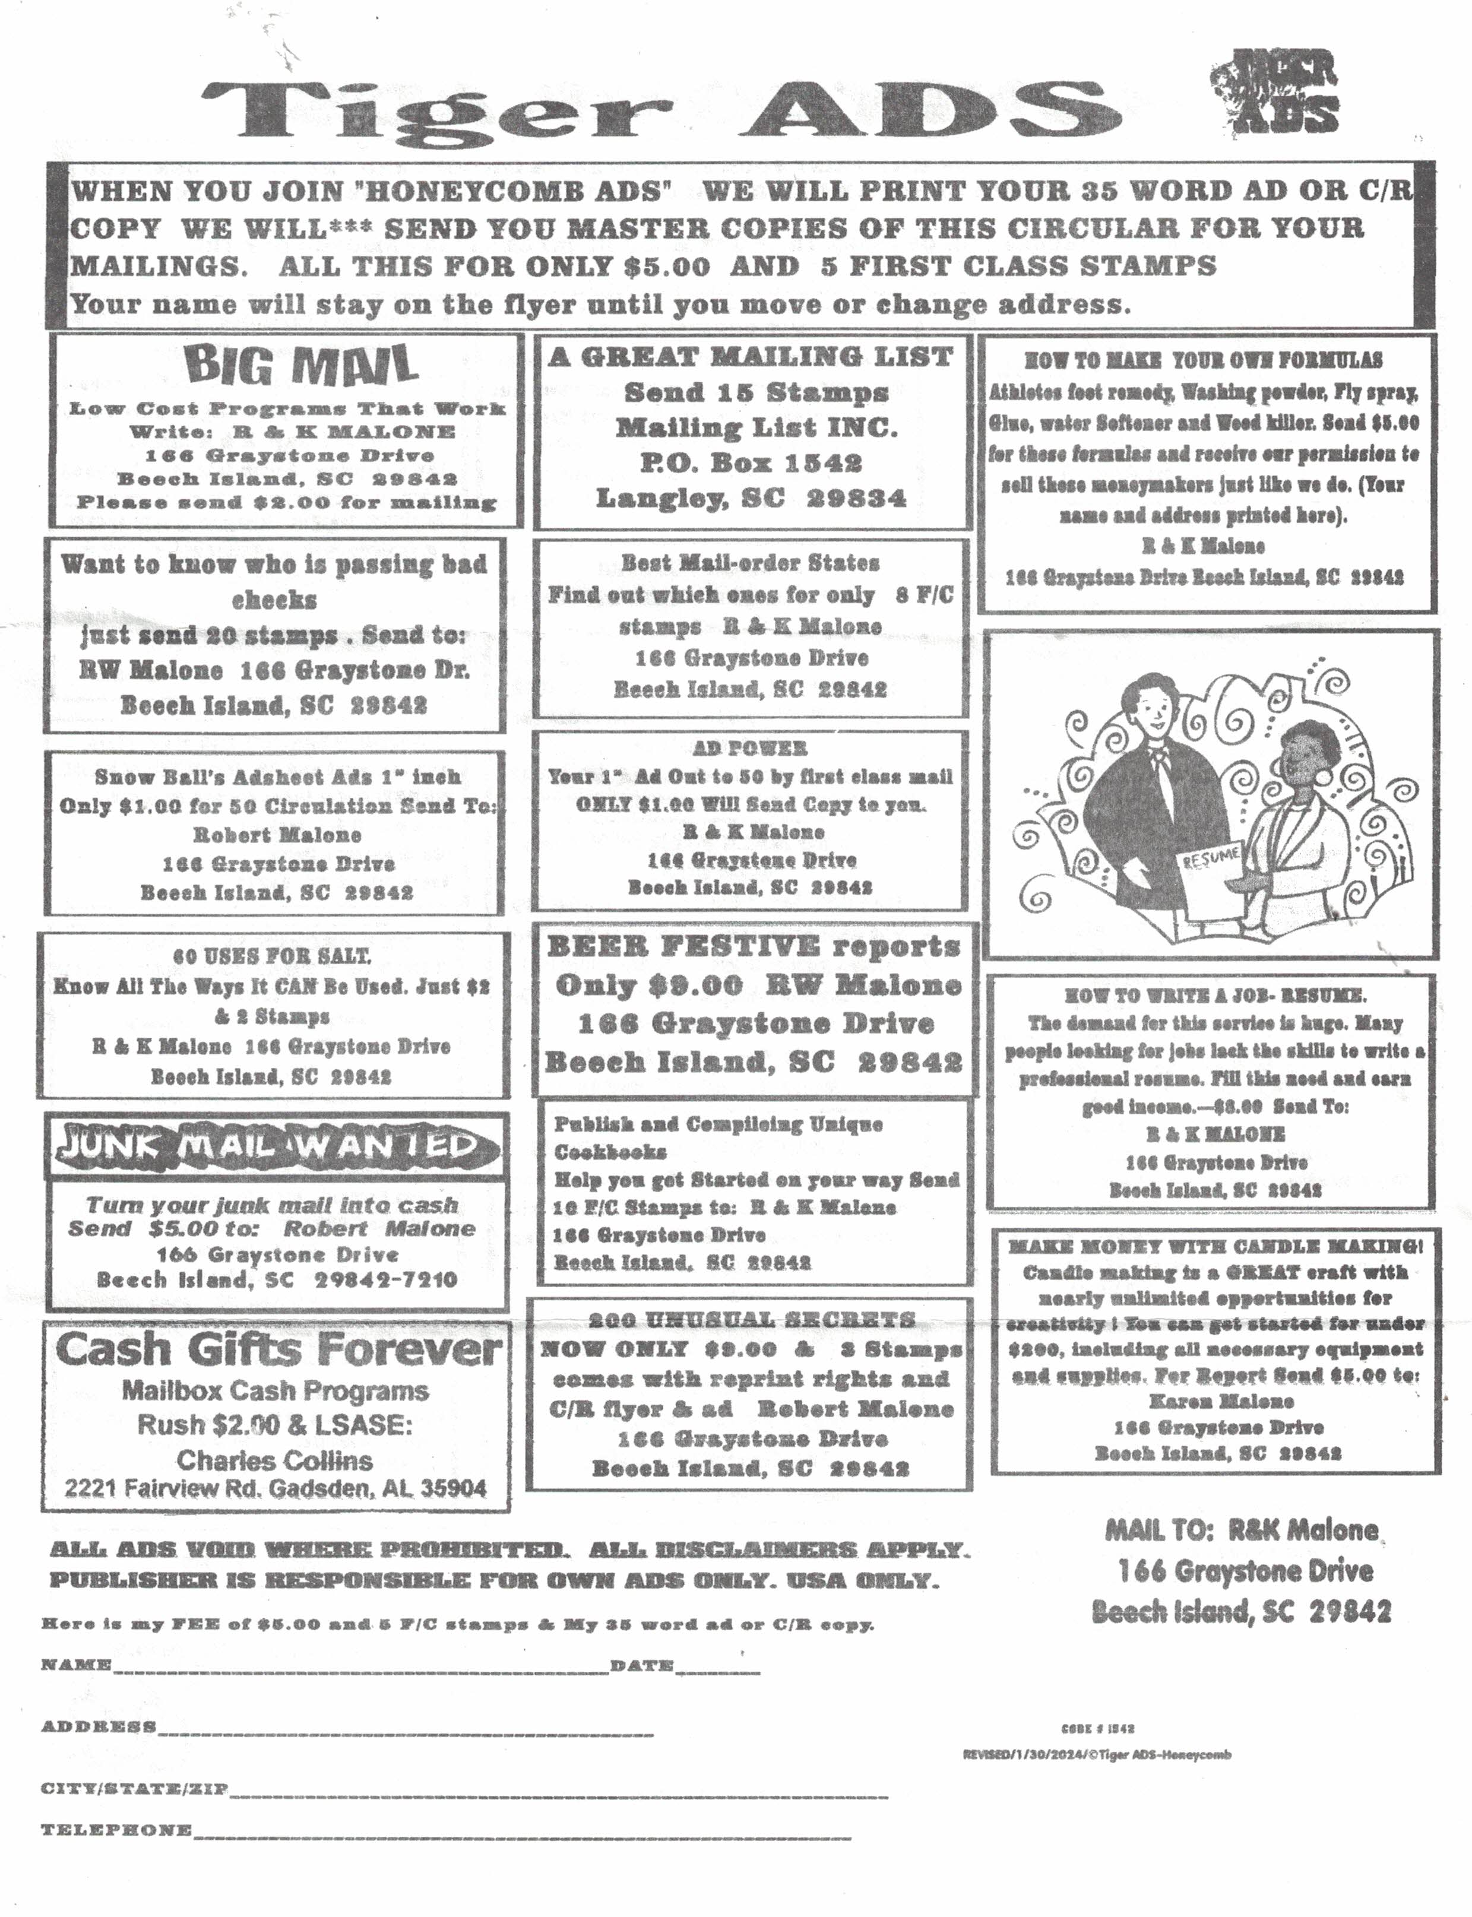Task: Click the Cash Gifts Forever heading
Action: pos(278,1350)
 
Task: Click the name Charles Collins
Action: pos(274,1460)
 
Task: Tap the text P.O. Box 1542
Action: pos(752,462)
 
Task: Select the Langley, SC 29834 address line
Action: pos(752,499)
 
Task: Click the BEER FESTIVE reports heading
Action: pos(754,946)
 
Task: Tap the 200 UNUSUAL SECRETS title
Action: pos(751,1320)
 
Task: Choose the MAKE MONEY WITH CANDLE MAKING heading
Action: pos(1214,1247)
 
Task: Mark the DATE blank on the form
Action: pos(718,1670)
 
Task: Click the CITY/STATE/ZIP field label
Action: pos(135,1788)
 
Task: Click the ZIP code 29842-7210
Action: pos(385,1280)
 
